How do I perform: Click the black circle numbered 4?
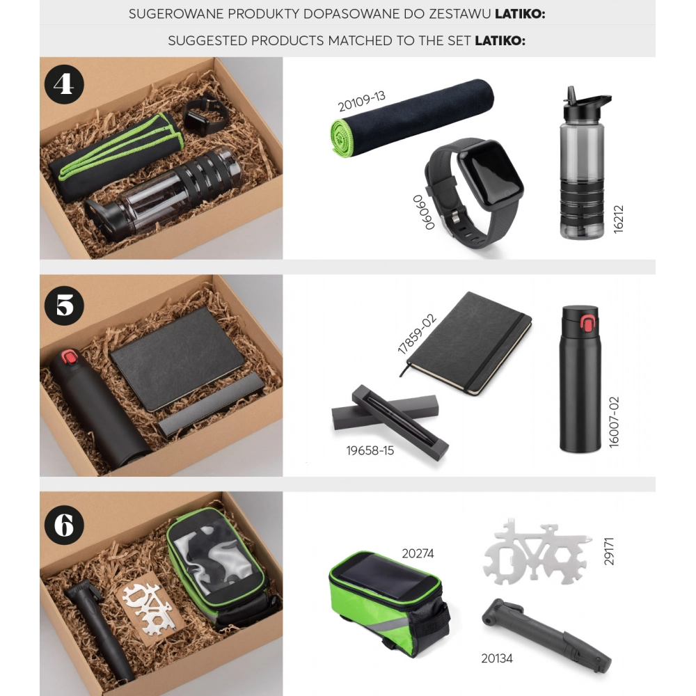(64, 84)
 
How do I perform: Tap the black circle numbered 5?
(64, 306)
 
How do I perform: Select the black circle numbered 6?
(64, 525)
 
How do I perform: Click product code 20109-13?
(361, 102)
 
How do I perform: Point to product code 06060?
(423, 212)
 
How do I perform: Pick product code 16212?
(618, 219)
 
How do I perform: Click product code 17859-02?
(416, 334)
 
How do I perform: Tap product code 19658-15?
(370, 450)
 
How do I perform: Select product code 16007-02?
(614, 422)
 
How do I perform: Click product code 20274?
(418, 553)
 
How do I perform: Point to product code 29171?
(609, 551)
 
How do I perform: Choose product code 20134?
(497, 658)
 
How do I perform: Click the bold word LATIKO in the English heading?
(500, 41)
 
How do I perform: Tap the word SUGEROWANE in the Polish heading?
(176, 14)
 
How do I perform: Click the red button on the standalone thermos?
(587, 324)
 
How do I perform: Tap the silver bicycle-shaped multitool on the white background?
(537, 551)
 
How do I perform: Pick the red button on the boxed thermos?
(69, 356)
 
